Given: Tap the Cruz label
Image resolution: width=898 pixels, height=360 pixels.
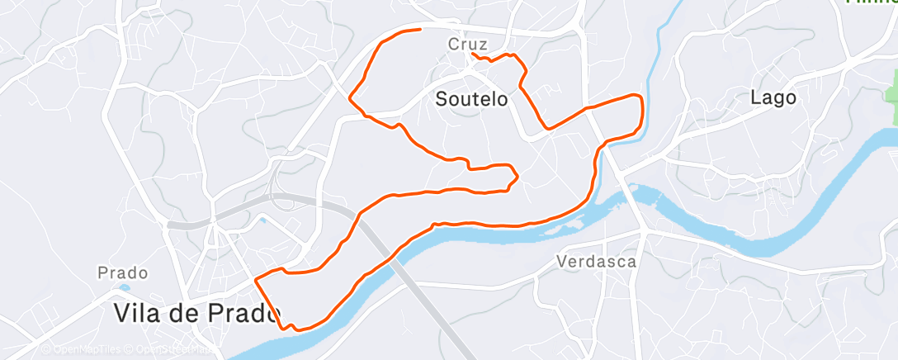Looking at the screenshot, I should click(468, 44).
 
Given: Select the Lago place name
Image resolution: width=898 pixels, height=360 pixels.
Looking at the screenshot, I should click(773, 97).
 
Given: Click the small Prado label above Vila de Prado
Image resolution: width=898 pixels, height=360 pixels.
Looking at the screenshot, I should click(122, 272).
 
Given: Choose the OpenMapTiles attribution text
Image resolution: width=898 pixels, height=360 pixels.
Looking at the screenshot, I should click(79, 349).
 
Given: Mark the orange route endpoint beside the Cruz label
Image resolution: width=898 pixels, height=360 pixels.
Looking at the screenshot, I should click(472, 54).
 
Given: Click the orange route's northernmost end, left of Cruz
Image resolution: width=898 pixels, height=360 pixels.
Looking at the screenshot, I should click(421, 30).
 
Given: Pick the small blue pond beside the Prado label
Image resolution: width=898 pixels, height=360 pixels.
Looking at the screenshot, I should click(124, 287).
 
